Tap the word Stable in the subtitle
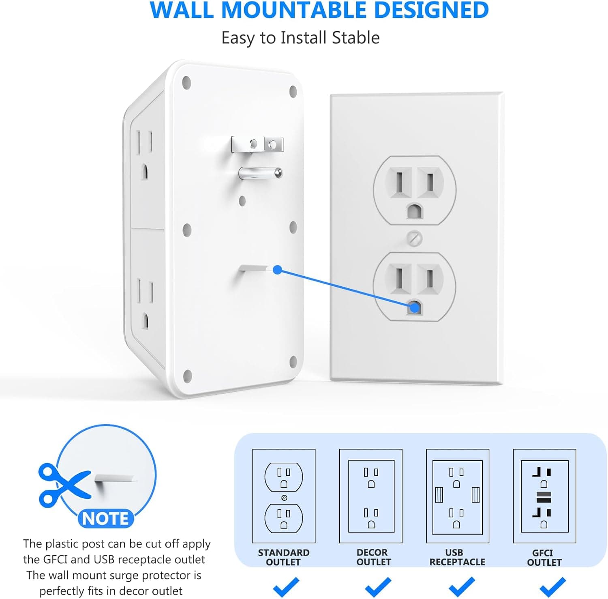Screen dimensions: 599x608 [x=355, y=38]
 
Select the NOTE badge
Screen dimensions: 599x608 [x=105, y=518]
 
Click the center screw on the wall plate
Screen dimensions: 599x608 [x=414, y=238]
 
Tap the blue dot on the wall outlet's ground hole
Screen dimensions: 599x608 [x=414, y=307]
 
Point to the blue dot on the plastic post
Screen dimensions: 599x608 [x=277, y=270]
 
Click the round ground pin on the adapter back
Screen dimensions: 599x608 [x=260, y=173]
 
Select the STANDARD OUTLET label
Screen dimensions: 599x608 [x=284, y=557]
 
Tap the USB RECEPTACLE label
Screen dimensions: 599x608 [x=457, y=557]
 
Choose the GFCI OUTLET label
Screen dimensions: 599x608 [x=544, y=557]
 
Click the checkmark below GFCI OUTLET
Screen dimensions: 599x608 [x=552, y=586]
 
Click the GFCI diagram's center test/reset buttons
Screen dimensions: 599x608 [x=544, y=497]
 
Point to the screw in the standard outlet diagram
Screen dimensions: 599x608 [x=284, y=497]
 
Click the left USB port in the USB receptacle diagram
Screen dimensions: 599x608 [x=439, y=495]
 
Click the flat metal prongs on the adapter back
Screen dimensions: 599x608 [x=257, y=144]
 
